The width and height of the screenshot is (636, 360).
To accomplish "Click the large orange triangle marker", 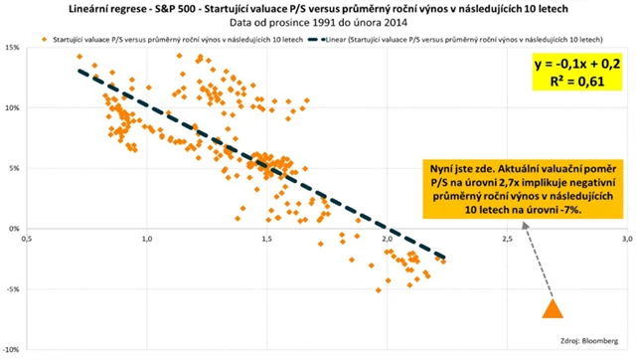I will (552, 307).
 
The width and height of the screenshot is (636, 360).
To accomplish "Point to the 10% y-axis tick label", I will (13, 108).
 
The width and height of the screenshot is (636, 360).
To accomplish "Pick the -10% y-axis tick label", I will (13, 349).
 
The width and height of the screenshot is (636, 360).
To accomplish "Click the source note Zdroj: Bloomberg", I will (592, 337).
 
